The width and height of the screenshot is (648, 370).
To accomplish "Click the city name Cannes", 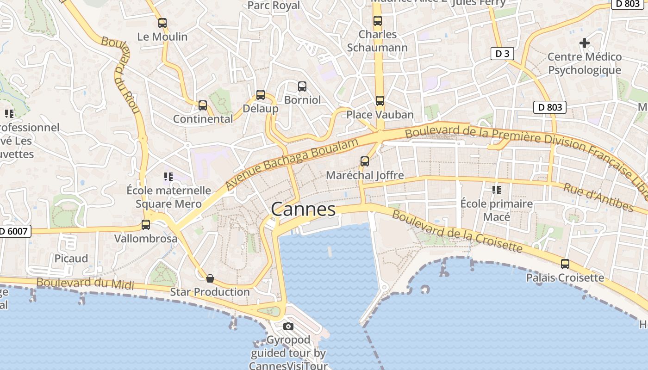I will point(303,210).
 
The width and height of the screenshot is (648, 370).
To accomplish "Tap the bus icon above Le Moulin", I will point(162,23).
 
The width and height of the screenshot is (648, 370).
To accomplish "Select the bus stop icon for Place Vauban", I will point(380,100).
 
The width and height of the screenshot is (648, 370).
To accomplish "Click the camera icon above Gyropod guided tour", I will point(288,327).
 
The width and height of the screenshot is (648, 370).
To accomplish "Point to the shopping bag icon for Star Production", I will point(210,278).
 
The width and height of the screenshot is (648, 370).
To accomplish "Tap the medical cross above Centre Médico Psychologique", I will point(585,43).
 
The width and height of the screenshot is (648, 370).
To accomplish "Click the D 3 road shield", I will point(502,54).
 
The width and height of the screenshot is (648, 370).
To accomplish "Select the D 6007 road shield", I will point(15,231).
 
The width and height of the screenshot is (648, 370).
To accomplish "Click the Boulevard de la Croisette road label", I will point(457,231).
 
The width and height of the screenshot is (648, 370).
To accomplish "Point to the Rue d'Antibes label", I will point(598,197).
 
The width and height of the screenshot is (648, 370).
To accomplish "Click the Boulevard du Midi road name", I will point(85,284).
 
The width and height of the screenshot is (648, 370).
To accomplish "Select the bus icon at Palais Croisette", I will point(565,264).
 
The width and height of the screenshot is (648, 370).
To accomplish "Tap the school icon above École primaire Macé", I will point(497,190).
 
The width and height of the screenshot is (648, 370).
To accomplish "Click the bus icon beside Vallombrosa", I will point(146,225).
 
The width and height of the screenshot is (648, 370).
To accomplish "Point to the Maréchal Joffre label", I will point(365,175).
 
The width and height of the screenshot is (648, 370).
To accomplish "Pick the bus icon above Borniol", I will point(302,86).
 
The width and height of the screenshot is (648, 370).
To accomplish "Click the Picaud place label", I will point(71,259).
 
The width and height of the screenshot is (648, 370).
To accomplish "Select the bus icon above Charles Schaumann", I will point(378,21).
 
